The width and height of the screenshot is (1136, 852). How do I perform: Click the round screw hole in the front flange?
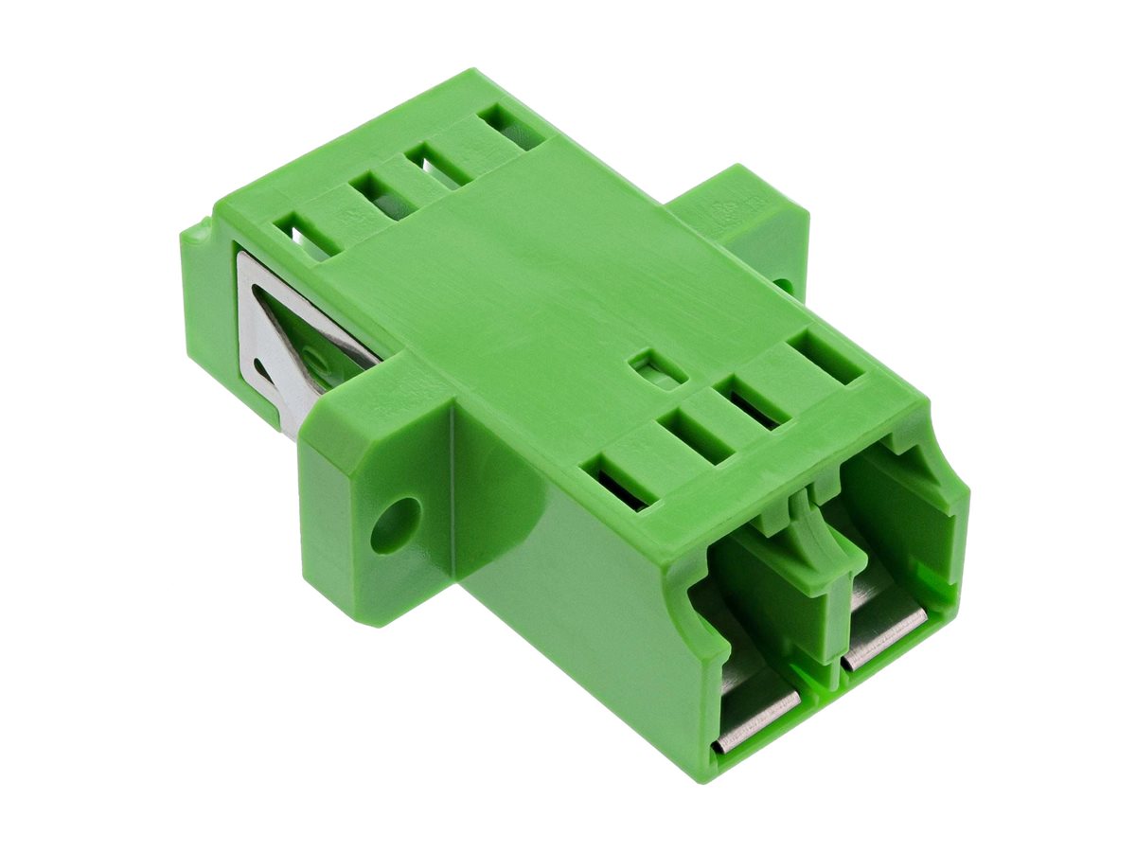click(x=395, y=524)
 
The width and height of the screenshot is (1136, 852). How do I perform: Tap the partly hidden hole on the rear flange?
click(x=782, y=283)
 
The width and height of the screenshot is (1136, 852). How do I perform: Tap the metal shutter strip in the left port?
click(x=756, y=721)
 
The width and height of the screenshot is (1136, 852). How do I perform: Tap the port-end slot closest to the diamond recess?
click(x=696, y=435)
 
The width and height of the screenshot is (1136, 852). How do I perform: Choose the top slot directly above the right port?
click(x=825, y=357)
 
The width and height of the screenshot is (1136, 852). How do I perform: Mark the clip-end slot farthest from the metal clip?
click(x=511, y=127)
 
